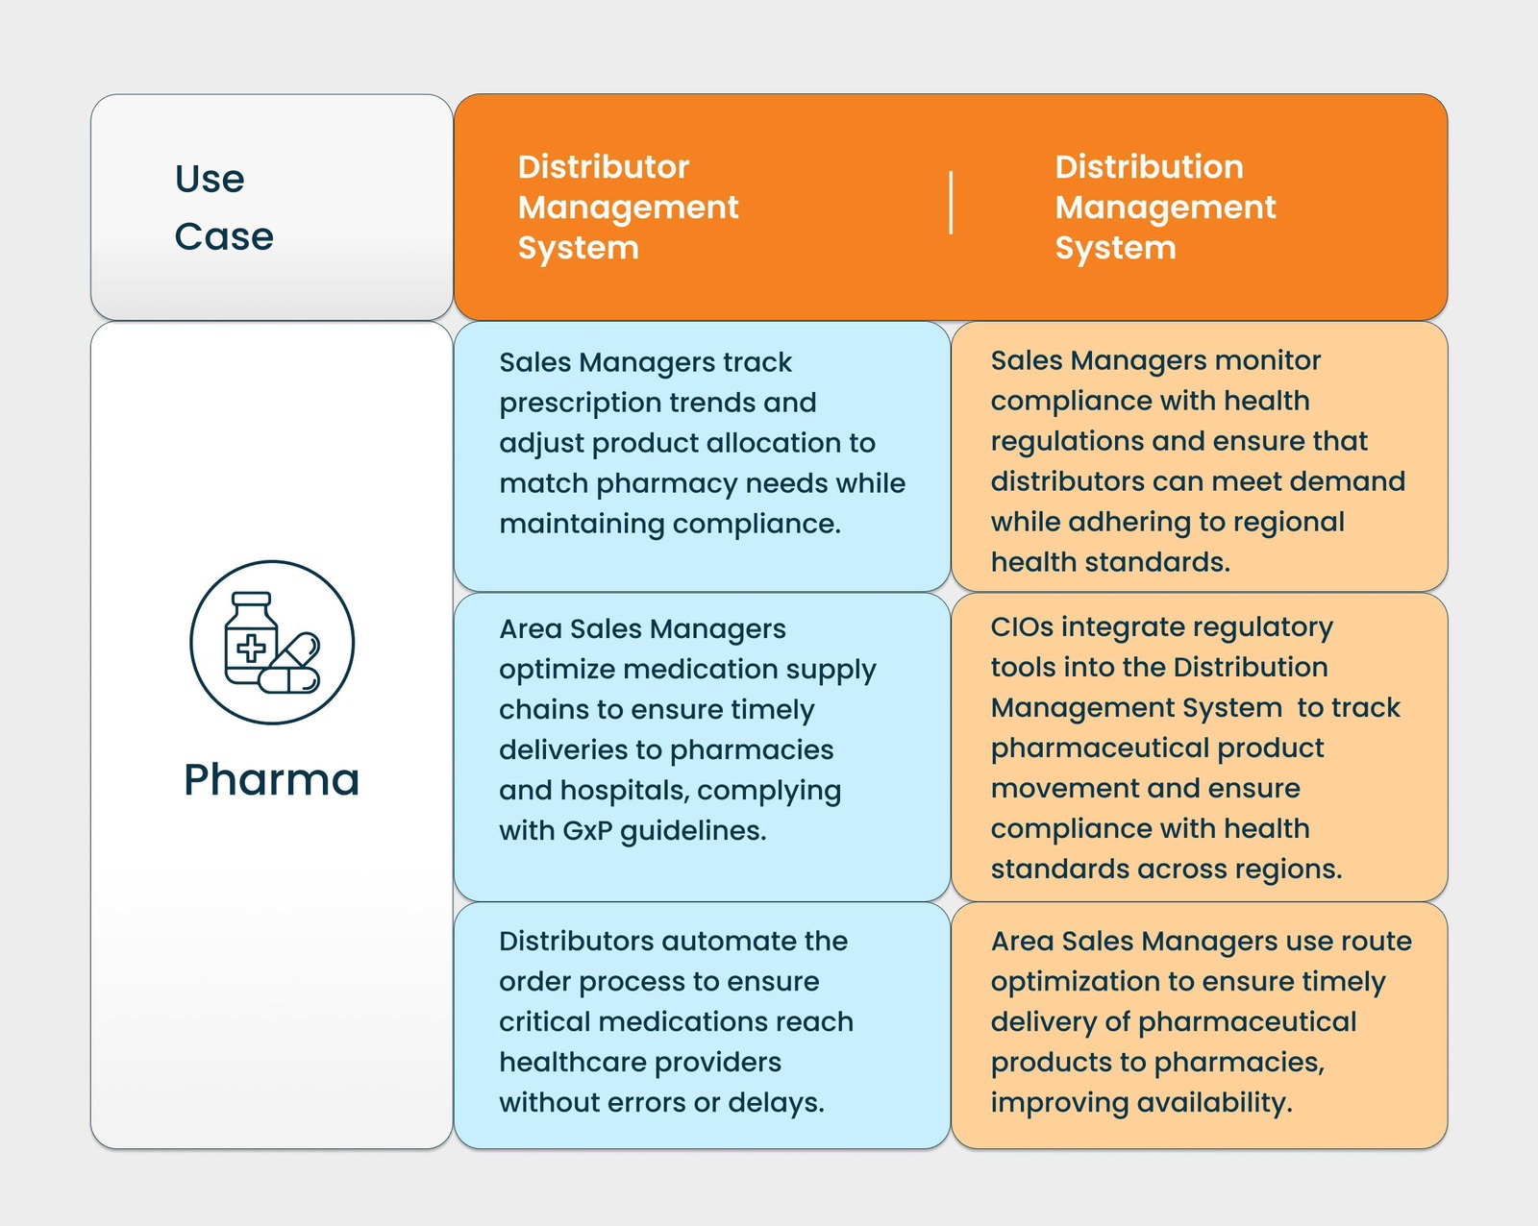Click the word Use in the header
tap(210, 179)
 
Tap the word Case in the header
tap(224, 236)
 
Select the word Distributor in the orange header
tap(603, 167)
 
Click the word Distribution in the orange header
tap(1149, 167)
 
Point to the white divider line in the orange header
tap(951, 203)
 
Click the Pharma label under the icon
tap(271, 779)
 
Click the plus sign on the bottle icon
tap(251, 649)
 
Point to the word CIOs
tap(1022, 626)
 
